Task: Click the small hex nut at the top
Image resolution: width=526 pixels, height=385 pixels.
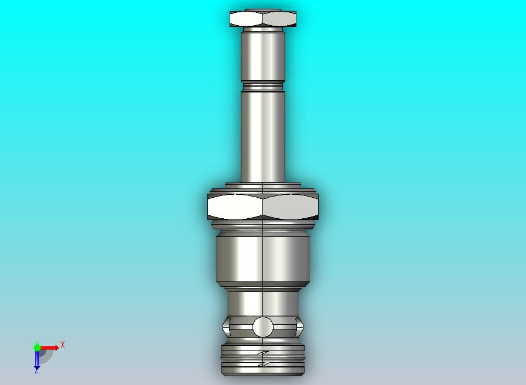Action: tap(263, 19)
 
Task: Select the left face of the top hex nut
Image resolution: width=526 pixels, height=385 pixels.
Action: tap(246, 19)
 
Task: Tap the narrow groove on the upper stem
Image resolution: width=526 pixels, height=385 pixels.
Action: tap(263, 88)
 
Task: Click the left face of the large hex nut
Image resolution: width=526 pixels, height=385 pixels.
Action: tap(235, 207)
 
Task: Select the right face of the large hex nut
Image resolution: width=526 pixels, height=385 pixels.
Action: tap(291, 207)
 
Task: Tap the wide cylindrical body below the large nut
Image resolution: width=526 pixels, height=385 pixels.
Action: tap(263, 257)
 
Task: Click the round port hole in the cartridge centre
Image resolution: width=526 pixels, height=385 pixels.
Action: tap(263, 326)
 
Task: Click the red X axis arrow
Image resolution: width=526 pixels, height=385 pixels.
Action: tap(50, 348)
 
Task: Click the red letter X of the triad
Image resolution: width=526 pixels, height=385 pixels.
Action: tap(63, 345)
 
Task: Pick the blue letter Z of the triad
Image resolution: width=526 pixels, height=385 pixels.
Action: tap(36, 371)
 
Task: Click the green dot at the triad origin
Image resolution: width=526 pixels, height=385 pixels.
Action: tap(37, 348)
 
